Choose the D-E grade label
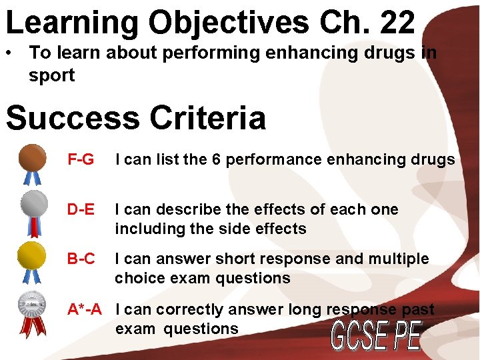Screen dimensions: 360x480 [x=81, y=209]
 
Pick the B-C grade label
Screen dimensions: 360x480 [x=81, y=259]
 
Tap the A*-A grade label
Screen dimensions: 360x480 [x=85, y=309]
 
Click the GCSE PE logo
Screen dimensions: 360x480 [x=377, y=337]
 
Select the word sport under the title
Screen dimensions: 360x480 [x=51, y=75]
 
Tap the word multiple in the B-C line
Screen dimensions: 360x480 [x=401, y=259]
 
